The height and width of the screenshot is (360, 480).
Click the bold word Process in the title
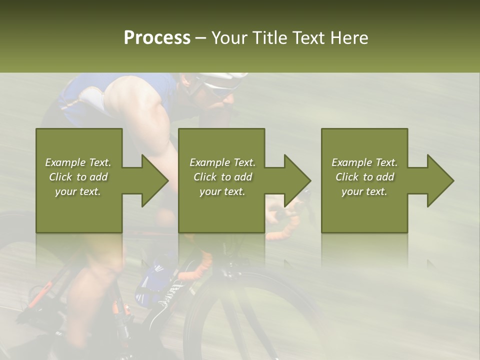pyautogui.click(x=157, y=38)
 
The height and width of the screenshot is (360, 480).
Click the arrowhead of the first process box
pyautogui.click(x=152, y=180)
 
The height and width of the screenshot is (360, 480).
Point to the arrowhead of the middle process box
pyautogui.click(x=295, y=180)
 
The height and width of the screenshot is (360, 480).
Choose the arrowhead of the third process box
pyautogui.click(x=438, y=180)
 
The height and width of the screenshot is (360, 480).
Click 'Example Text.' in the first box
pyautogui.click(x=78, y=162)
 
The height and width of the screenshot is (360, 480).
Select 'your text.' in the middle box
pyautogui.click(x=222, y=191)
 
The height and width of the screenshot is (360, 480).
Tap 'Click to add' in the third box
pyautogui.click(x=365, y=177)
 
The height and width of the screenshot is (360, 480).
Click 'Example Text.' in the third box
pyautogui.click(x=364, y=162)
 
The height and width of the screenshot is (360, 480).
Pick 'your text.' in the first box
pyautogui.click(x=78, y=191)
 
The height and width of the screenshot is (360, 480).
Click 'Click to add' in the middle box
pyautogui.click(x=222, y=177)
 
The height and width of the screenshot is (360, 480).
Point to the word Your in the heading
pyautogui.click(x=229, y=38)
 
